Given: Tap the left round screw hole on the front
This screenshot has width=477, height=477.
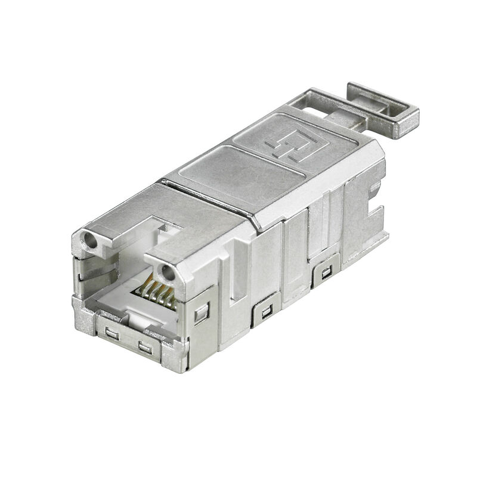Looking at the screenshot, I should click(89, 242).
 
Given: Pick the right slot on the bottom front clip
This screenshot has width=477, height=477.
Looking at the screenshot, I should click(144, 346).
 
